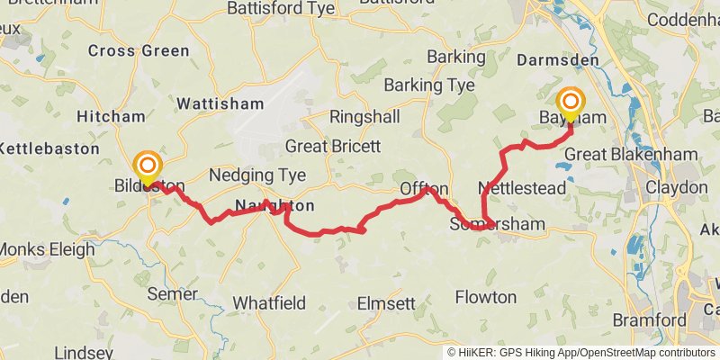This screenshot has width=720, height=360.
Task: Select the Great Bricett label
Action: [x=333, y=146]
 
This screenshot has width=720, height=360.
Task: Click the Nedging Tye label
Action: [x=257, y=175]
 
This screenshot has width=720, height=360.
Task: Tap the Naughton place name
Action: [x=274, y=206]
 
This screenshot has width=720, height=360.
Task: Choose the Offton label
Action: [x=424, y=189]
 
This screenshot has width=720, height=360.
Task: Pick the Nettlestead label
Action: [x=522, y=188]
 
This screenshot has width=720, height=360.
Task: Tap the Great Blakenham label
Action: [x=631, y=155]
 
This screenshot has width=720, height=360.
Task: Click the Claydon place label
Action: [x=677, y=187]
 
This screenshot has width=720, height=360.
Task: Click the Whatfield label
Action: [x=269, y=303]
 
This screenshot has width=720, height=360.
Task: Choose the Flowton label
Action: [x=486, y=297]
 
